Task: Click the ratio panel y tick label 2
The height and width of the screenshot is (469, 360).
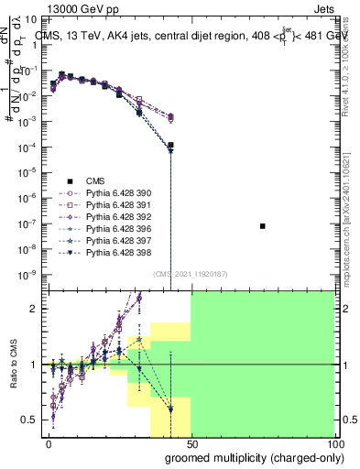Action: (34, 309)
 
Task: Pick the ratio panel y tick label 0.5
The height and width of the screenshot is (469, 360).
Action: (29, 420)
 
